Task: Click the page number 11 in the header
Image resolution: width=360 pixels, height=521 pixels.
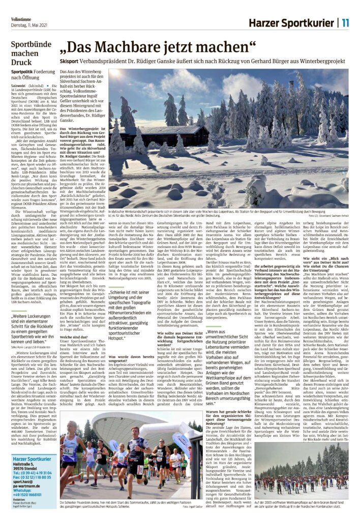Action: (345, 22)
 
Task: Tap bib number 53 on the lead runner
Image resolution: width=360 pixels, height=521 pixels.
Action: (66, 451)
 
